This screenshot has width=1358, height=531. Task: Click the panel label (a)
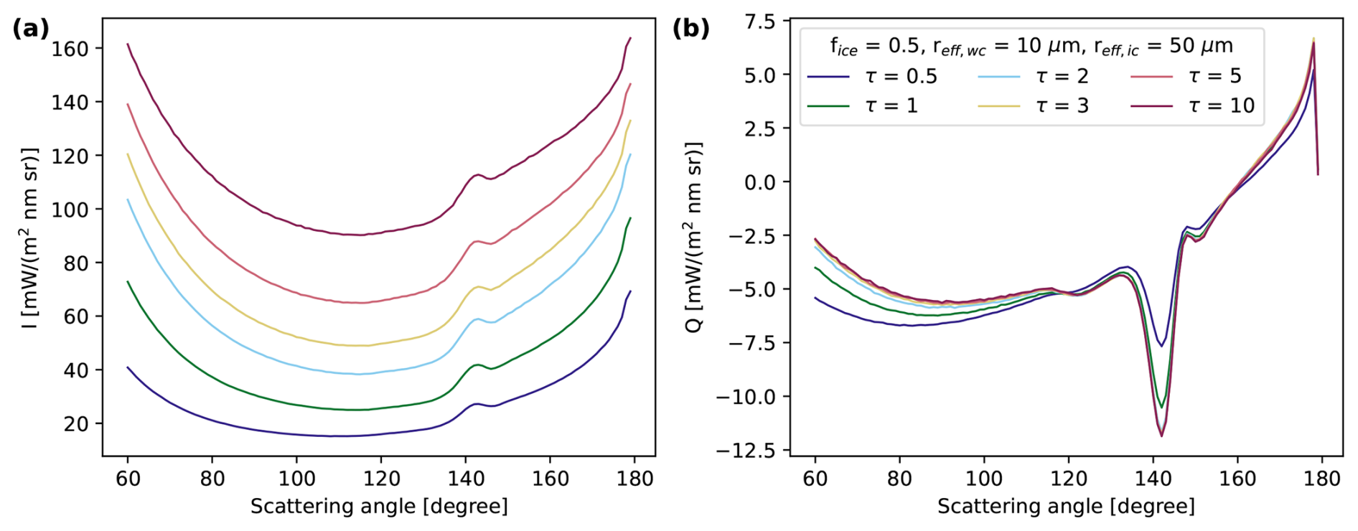(x=31, y=29)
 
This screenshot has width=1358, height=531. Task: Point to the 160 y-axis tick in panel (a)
(x=70, y=49)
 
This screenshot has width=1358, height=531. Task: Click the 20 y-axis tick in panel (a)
(x=76, y=424)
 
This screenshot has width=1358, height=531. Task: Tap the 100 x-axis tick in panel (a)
(x=296, y=479)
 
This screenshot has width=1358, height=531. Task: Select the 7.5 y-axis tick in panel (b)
(x=759, y=22)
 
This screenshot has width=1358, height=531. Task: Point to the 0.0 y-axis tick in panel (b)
(x=759, y=182)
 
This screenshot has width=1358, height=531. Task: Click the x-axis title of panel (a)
(x=379, y=507)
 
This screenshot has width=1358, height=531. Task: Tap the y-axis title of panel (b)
(x=694, y=238)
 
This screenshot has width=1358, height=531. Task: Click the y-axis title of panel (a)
(x=29, y=238)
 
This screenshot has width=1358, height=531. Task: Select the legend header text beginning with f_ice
(x=1031, y=46)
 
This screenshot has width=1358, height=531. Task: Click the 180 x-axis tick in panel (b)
(x=1321, y=479)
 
